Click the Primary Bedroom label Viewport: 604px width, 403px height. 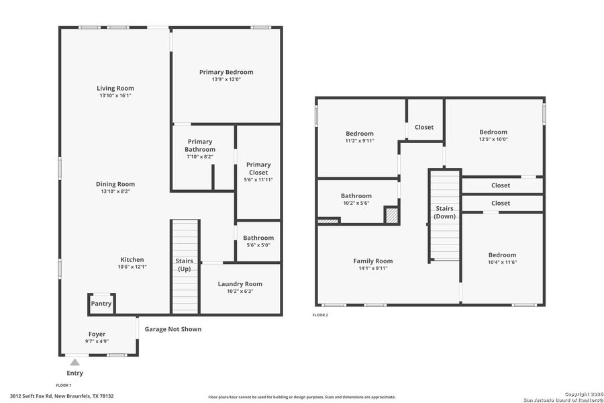pos(226,72)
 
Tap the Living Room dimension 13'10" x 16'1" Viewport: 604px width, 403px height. pos(115,96)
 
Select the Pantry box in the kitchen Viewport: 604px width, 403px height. pos(101,304)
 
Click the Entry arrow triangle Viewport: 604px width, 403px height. pos(75,362)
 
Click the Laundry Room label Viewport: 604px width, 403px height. pos(240,284)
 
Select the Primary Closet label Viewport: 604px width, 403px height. pos(258,169)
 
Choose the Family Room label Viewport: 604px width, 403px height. pos(373,261)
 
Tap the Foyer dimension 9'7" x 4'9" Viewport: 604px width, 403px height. pos(97,341)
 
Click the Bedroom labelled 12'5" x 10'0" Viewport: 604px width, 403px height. pos(493,132)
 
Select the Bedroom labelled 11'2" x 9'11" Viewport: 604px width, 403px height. pos(360,134)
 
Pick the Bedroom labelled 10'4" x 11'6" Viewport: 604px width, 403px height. pos(502,255)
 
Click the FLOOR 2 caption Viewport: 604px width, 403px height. pos(321,314)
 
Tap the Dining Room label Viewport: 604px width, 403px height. pos(115,184)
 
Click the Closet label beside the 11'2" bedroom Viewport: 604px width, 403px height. pos(424,127)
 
